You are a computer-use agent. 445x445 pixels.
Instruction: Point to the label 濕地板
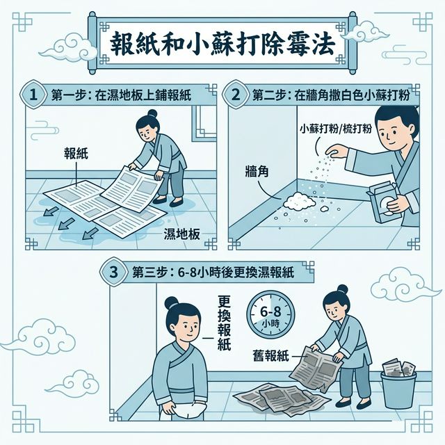tap(181, 234)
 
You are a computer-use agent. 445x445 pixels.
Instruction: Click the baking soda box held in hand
tap(384, 202)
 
